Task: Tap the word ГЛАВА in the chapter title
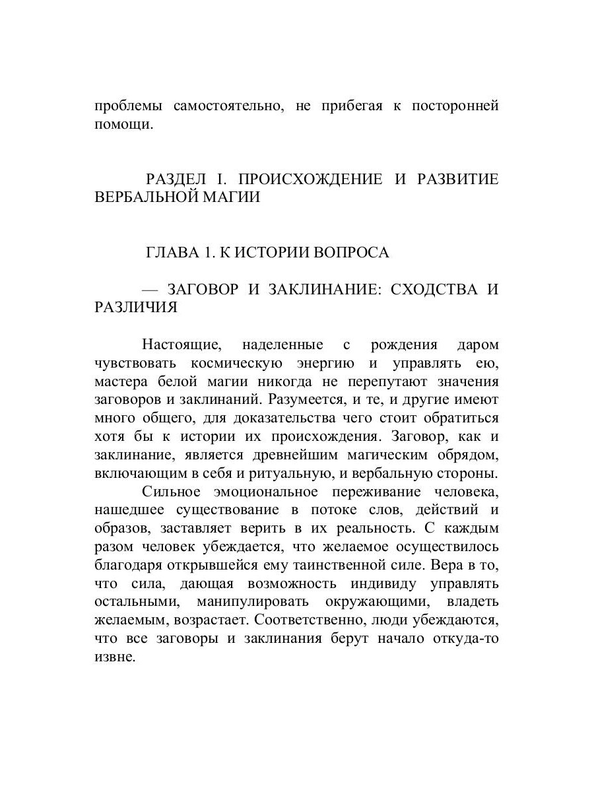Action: (x=169, y=253)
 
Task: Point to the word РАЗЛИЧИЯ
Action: (x=136, y=308)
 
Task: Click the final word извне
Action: (x=115, y=657)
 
